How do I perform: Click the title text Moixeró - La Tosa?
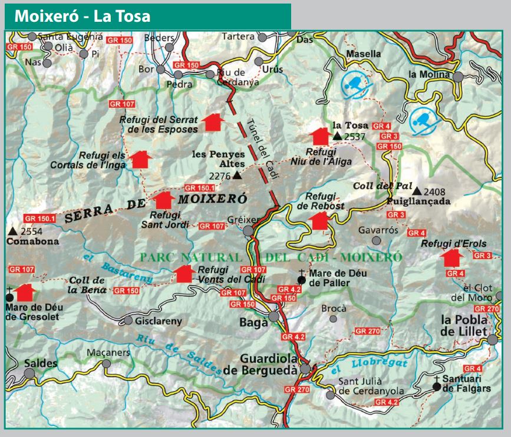coord(82,16)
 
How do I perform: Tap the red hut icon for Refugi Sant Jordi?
coord(163,200)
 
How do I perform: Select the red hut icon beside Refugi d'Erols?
coord(451,258)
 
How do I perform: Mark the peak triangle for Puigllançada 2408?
coord(417,191)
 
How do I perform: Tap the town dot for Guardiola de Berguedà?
coord(305,369)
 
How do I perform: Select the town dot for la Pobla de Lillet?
coord(493,340)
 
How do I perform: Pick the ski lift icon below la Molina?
coord(423,120)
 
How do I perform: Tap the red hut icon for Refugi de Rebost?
coord(319,221)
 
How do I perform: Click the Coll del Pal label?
coord(373,186)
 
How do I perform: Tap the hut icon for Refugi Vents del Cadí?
coord(184,273)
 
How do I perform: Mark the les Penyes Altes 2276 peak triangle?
coord(237,176)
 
